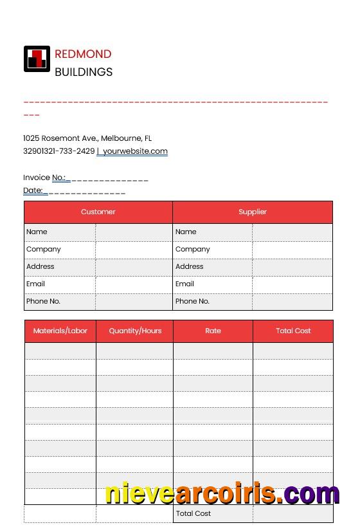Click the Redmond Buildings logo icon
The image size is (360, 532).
click(37, 59)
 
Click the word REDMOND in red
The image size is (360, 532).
click(83, 54)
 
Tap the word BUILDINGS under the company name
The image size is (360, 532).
click(84, 72)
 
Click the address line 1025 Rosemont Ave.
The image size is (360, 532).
click(87, 138)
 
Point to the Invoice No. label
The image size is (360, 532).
click(44, 178)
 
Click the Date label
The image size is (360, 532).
click(33, 190)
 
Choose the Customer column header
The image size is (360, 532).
click(98, 212)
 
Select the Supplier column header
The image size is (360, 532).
click(253, 212)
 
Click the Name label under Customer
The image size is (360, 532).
click(37, 232)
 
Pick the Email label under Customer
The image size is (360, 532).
click(35, 284)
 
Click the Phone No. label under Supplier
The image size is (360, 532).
click(192, 301)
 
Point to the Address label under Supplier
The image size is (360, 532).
click(189, 266)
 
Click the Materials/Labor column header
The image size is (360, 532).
click(60, 331)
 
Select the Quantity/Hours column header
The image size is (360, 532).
click(135, 331)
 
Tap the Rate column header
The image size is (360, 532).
click(213, 331)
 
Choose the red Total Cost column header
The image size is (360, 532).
click(293, 331)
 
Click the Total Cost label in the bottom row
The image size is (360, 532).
click(194, 513)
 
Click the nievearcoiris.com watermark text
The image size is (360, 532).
click(222, 493)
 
